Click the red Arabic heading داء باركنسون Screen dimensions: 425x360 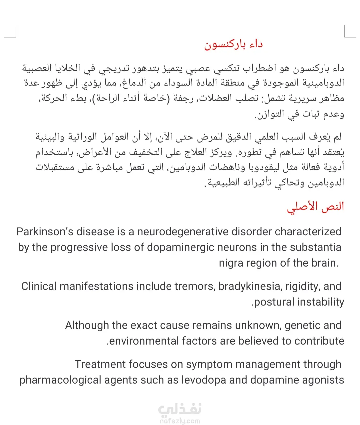(x=233, y=45)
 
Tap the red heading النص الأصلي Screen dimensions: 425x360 (x=315, y=207)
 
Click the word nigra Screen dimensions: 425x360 (x=231, y=263)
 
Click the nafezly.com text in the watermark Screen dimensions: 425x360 (x=180, y=421)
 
